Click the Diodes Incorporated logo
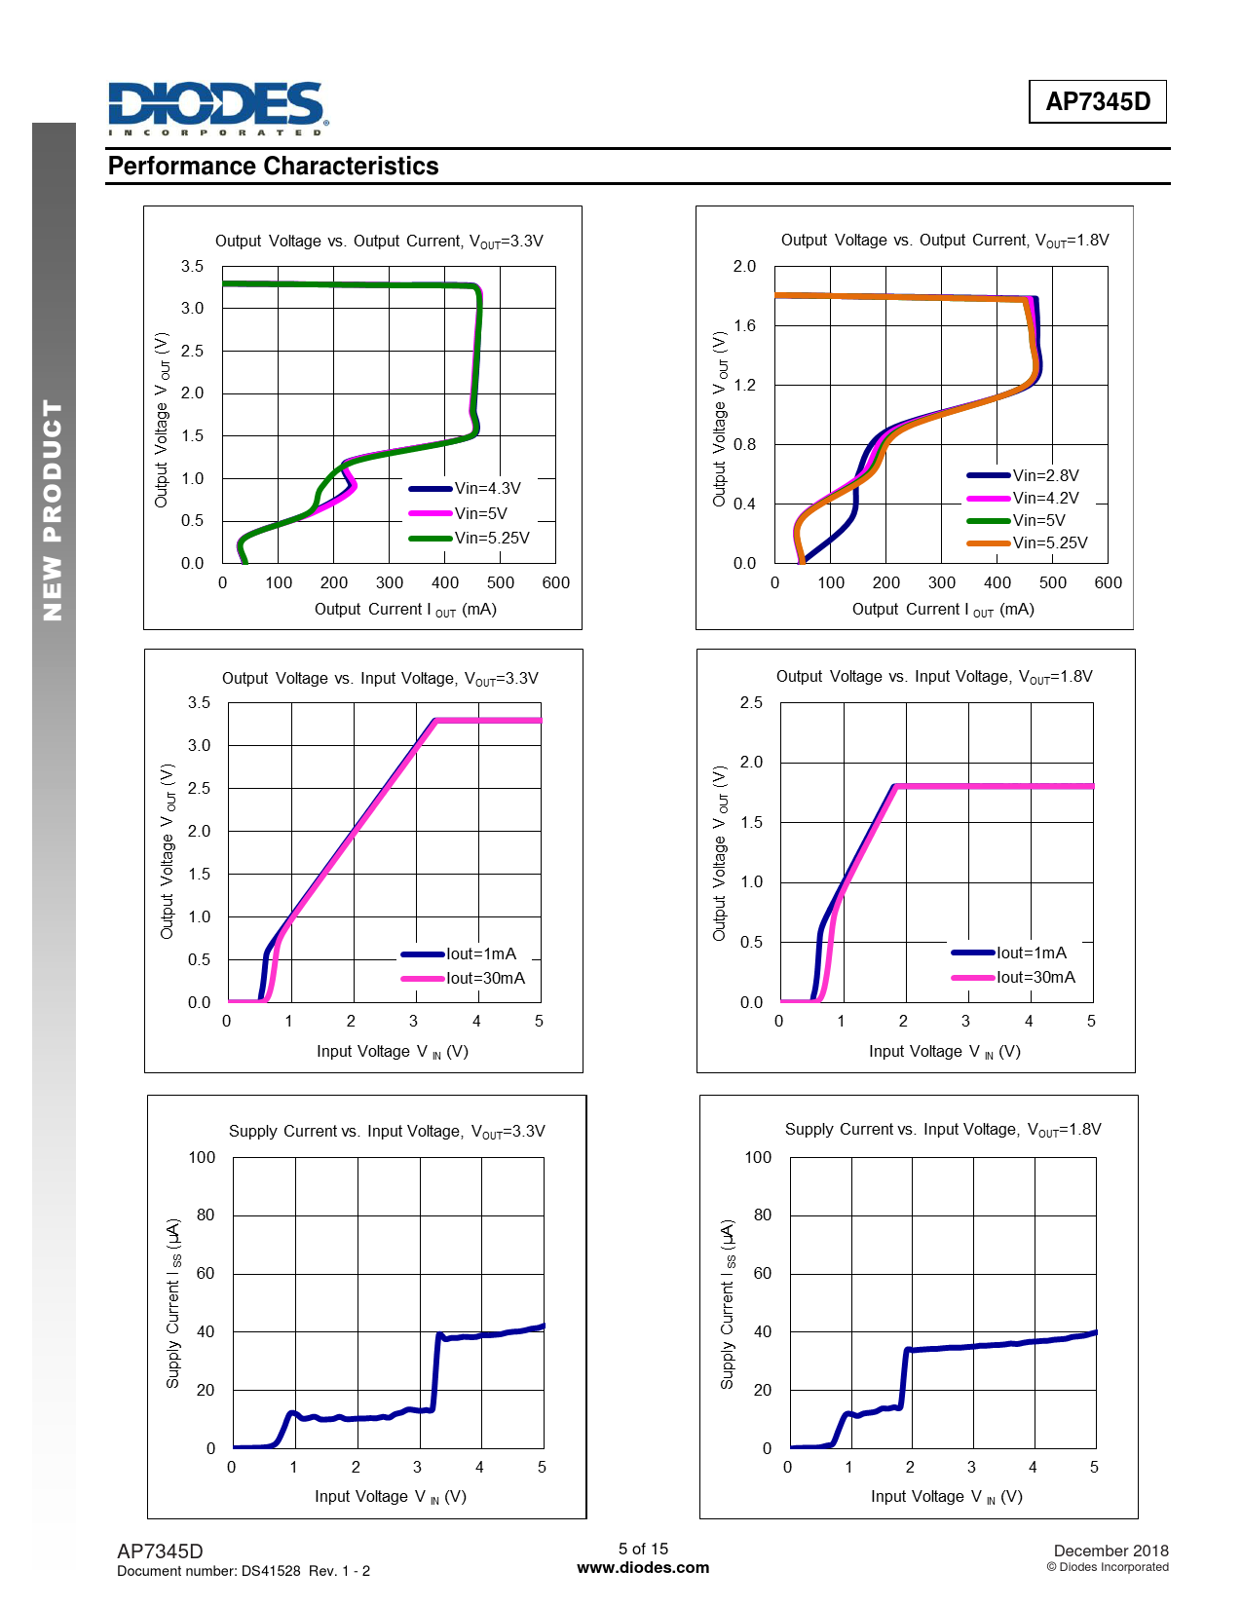(x=217, y=108)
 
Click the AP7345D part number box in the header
(x=1097, y=101)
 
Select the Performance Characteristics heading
(x=273, y=167)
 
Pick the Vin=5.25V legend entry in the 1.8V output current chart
(x=1049, y=543)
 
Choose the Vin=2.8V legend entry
(x=1044, y=476)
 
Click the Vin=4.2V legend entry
(x=1044, y=499)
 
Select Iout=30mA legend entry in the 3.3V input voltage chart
(x=484, y=979)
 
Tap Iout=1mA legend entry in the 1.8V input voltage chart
(x=1031, y=953)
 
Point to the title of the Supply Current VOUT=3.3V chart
(x=387, y=1132)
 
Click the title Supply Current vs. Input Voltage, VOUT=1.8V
(x=943, y=1130)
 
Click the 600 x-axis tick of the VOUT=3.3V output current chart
(x=555, y=583)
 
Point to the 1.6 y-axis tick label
(x=744, y=326)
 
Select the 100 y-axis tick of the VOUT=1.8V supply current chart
(x=758, y=1158)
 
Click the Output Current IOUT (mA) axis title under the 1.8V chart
(x=943, y=610)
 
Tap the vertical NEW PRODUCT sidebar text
(x=54, y=510)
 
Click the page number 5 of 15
(x=643, y=1549)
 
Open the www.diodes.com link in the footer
(x=643, y=1568)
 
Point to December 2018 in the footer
(x=1110, y=1551)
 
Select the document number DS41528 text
(x=243, y=1571)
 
